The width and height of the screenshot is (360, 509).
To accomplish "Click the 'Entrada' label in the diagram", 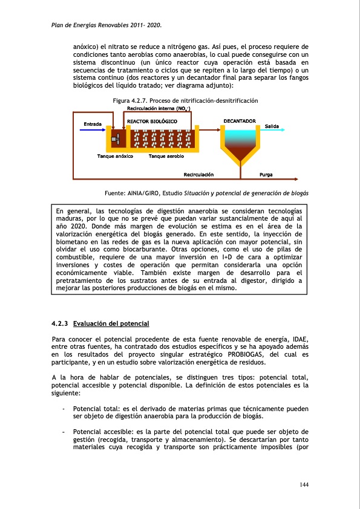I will pos(92,124).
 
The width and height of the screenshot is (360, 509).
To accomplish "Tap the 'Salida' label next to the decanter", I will pos(272,126).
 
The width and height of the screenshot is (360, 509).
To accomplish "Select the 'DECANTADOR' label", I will pos(240,122).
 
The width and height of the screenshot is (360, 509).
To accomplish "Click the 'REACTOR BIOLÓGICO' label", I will pos(151,122).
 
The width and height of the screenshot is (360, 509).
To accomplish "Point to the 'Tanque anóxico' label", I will pos(115,156).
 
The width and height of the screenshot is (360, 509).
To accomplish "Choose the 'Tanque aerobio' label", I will pos(166,156).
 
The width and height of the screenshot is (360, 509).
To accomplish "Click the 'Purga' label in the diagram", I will pos(266,175).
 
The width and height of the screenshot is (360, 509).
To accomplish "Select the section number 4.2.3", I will pos(61,324).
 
